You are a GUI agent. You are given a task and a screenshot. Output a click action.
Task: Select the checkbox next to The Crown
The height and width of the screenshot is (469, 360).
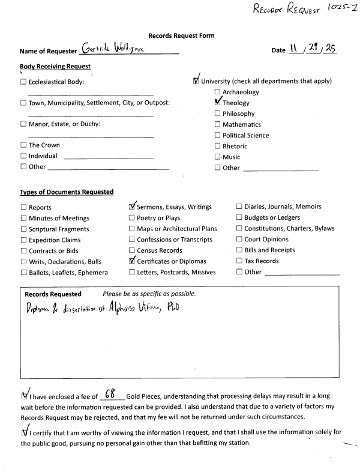pyautogui.click(x=23, y=145)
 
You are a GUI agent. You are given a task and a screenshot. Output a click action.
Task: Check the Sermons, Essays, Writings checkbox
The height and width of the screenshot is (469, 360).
pyautogui.click(x=132, y=207)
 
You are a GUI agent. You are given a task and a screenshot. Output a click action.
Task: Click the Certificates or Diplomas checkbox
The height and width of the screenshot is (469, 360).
pyautogui.click(x=132, y=261)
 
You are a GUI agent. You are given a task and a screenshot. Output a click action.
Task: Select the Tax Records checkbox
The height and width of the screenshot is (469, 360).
pyautogui.click(x=239, y=261)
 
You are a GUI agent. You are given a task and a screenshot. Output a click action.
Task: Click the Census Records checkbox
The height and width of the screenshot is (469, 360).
pyautogui.click(x=131, y=250)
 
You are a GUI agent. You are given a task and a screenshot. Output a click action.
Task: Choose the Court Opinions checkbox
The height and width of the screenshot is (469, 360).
pyautogui.click(x=239, y=240)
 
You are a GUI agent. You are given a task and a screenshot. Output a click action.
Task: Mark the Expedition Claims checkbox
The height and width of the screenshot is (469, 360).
pyautogui.click(x=23, y=240)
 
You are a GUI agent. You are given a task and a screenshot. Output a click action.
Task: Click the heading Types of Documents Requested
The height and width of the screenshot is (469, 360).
pyautogui.click(x=67, y=192)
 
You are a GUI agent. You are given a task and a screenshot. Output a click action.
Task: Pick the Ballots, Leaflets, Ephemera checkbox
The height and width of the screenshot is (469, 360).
pyautogui.click(x=23, y=272)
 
